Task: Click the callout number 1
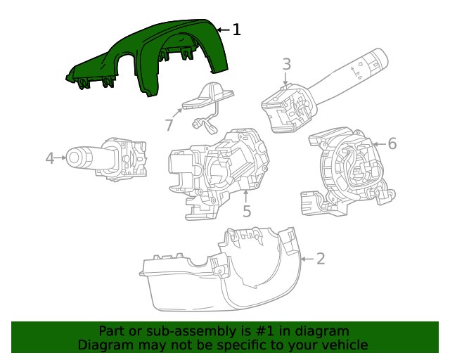click(237, 30)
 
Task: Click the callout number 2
click(321, 259)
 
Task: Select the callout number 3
click(287, 65)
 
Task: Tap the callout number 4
click(49, 159)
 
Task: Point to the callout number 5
click(247, 210)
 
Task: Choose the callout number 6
click(392, 144)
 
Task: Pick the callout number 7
click(169, 125)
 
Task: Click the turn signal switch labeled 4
click(109, 158)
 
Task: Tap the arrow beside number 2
click(306, 259)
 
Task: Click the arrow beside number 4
click(62, 159)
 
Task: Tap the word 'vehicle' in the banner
click(343, 345)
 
